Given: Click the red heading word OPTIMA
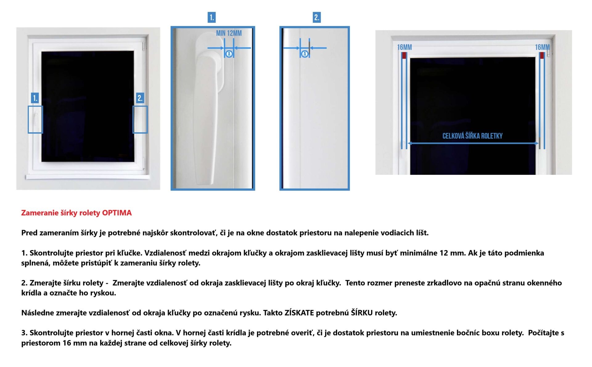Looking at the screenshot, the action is pos(117,213).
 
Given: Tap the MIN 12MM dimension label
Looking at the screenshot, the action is pos(229,33).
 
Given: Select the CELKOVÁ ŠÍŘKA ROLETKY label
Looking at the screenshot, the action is pos(472,136).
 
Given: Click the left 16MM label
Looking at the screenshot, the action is pos(404,47).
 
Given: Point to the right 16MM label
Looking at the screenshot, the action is pos(542,47).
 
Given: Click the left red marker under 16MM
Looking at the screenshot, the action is pos(404,56).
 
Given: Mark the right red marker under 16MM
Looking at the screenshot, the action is pos(542,56).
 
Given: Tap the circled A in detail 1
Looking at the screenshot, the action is pos(229,54).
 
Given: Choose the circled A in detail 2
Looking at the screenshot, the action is pos(305,54).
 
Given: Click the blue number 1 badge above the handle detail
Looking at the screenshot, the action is pos(212,17).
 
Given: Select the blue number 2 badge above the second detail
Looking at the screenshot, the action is pos(317,17).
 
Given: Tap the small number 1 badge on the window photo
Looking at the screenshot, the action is pos(35,98).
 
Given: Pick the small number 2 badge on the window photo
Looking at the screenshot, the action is pos(140,98).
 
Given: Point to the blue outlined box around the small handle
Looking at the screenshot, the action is pos(28,120).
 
